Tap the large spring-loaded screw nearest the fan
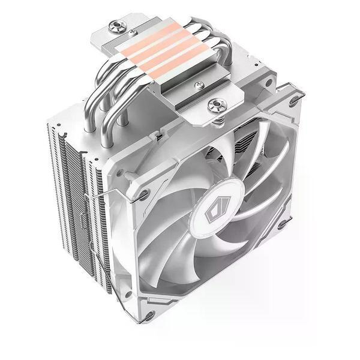tap(215, 106)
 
